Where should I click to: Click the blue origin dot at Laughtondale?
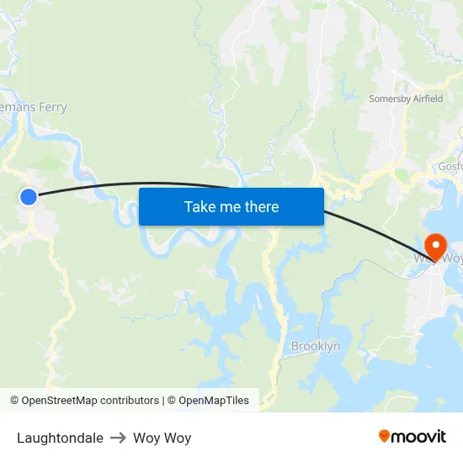29,197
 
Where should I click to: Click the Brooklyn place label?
316,346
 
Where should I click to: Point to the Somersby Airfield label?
406,98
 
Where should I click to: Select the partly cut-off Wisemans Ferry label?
34,107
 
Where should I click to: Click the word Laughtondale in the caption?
60,438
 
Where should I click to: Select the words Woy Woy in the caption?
162,438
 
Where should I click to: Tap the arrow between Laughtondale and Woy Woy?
119,438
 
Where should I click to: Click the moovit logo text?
419,436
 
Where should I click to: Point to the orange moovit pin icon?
385,435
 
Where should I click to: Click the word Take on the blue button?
200,206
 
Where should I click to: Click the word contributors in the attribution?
129,401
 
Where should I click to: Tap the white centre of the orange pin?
436,244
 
